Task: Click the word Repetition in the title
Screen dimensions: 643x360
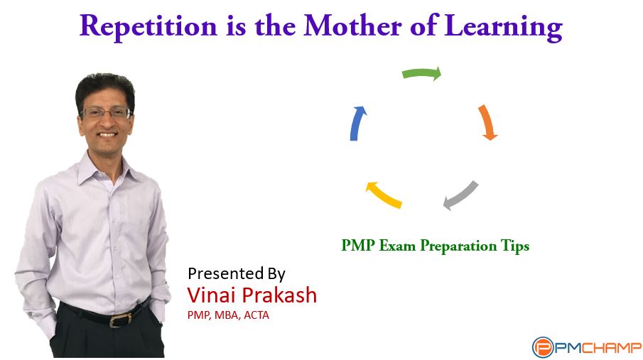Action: click(x=148, y=27)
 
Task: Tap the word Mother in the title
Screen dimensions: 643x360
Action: click(x=352, y=26)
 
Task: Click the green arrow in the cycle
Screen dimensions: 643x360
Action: click(x=421, y=73)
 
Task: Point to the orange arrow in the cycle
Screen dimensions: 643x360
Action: click(x=487, y=121)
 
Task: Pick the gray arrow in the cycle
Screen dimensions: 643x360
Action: click(x=461, y=195)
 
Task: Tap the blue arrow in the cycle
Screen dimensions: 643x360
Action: click(x=357, y=123)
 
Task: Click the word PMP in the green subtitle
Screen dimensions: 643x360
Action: click(x=358, y=245)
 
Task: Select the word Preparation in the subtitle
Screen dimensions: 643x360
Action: click(x=458, y=246)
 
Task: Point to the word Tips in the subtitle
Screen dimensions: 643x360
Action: click(x=515, y=246)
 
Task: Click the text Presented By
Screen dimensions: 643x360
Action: click(x=236, y=273)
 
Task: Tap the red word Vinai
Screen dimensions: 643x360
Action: click(x=211, y=295)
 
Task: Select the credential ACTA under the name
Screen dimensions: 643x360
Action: click(x=256, y=315)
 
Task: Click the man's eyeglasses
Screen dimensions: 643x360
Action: click(x=106, y=113)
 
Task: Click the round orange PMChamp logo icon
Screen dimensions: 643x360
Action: click(x=543, y=347)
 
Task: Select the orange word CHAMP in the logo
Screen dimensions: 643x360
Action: click(x=611, y=348)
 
